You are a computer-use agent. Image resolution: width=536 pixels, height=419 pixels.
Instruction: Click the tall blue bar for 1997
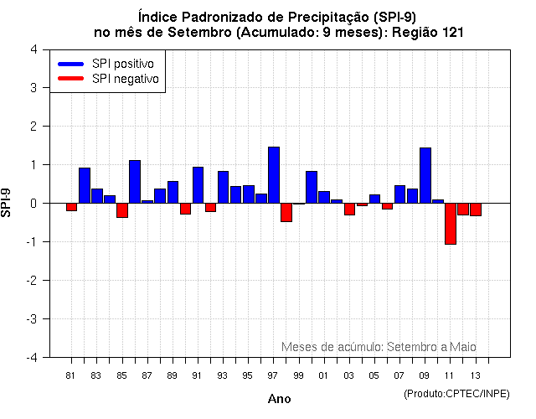pos(274,175)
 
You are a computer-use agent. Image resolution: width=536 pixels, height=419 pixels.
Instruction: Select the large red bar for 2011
pos(451,223)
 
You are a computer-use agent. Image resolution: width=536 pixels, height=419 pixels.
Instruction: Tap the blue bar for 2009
pos(425,175)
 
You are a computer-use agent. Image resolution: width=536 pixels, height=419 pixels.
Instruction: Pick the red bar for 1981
pos(72,207)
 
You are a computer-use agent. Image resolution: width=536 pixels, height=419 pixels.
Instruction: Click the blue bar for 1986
pos(135,181)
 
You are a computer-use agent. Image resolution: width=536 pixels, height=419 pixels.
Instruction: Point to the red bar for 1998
pos(286,212)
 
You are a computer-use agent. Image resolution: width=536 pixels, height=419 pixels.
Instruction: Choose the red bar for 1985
pos(122,210)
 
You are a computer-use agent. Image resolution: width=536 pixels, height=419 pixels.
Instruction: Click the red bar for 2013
pos(476,209)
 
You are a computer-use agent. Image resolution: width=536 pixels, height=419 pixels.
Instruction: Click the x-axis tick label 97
pos(273,375)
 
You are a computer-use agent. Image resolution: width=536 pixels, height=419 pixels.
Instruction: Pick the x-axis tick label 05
pos(374,375)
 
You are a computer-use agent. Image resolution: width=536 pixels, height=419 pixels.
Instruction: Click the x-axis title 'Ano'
pos(280,399)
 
